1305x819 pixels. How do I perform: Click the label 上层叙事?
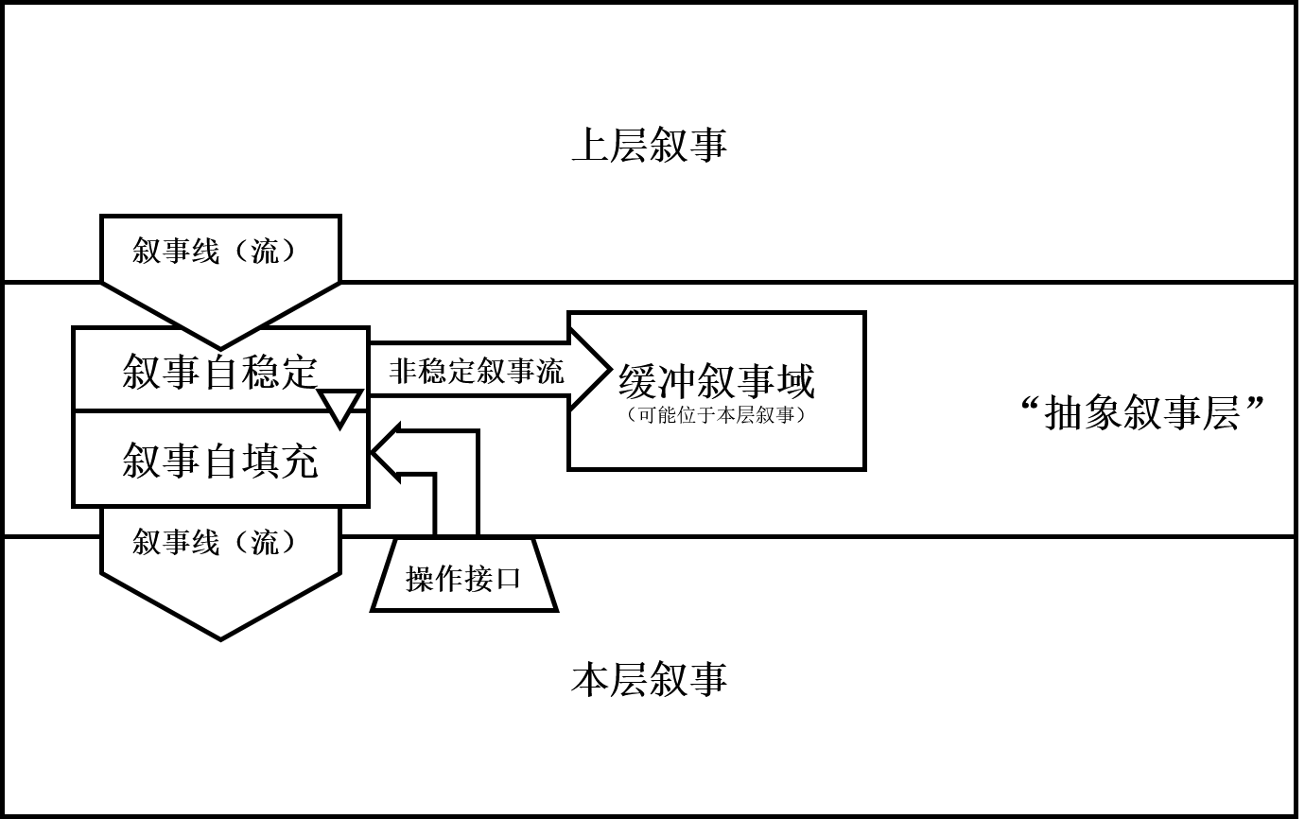[649, 146]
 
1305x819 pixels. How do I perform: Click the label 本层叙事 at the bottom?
[649, 680]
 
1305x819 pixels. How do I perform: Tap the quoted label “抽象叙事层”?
[1142, 413]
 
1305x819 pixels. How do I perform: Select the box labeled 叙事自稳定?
[219, 370]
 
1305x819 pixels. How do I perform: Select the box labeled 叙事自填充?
[219, 461]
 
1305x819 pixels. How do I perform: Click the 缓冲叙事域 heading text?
[716, 381]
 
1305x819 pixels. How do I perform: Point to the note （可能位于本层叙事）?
[716, 415]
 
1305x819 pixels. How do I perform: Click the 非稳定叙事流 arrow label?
[476, 371]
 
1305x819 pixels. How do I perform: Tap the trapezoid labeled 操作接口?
[463, 577]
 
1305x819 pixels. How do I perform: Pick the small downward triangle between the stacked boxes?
[340, 406]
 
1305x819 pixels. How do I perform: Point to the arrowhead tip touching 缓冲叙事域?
[608, 371]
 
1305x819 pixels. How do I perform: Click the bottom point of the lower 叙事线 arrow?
[220, 638]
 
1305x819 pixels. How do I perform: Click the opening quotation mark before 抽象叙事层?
[1032, 407]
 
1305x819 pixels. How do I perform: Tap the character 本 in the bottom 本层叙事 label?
[590, 680]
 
